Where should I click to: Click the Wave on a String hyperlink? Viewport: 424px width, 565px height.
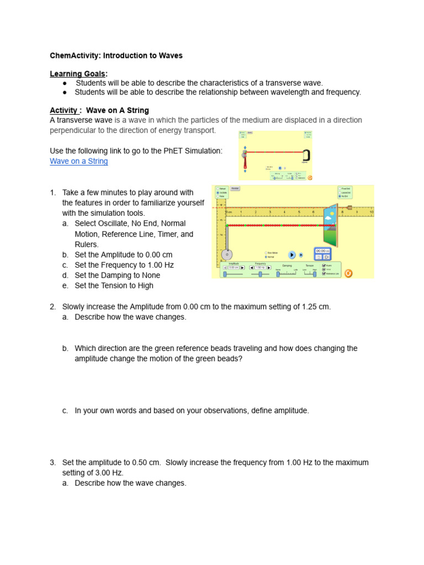(79, 161)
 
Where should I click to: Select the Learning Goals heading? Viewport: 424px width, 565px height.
(78, 74)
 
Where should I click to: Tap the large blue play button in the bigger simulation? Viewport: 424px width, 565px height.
(292, 254)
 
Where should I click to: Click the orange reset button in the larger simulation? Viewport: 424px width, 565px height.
(348, 273)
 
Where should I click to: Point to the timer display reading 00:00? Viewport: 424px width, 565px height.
(322, 250)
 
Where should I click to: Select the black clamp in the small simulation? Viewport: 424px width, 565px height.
(305, 154)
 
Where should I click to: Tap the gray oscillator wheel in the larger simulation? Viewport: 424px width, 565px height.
(226, 255)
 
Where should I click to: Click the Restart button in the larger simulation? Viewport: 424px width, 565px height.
(235, 188)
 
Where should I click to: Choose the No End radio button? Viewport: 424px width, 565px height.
(340, 196)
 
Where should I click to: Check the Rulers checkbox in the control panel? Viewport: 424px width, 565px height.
(325, 264)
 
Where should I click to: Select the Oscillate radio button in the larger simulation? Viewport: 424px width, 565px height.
(219, 192)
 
